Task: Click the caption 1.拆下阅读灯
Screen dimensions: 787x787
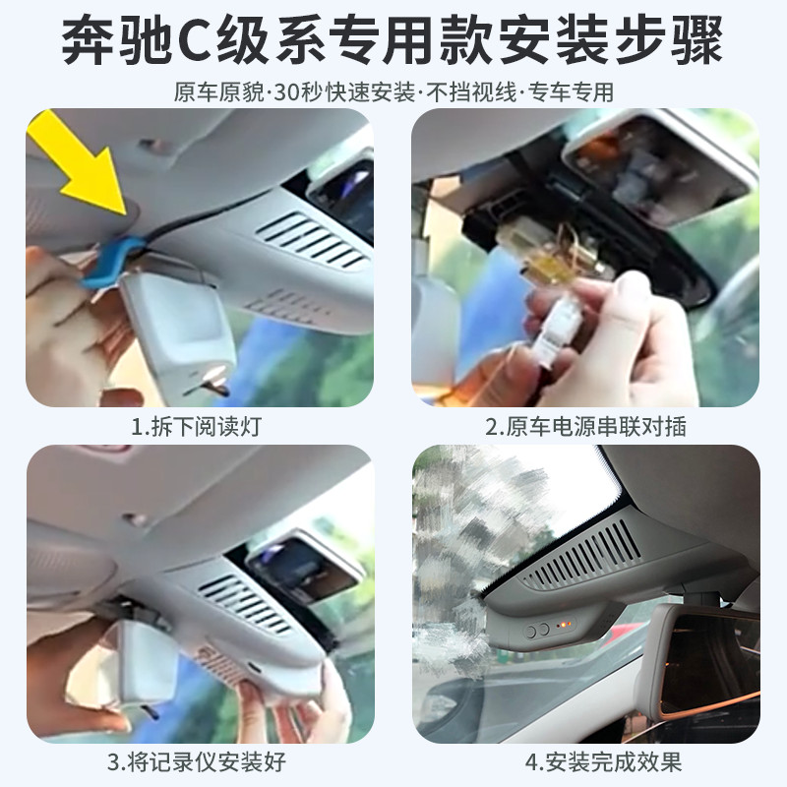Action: tap(198, 427)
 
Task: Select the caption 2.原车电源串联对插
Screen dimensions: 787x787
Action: tap(586, 427)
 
